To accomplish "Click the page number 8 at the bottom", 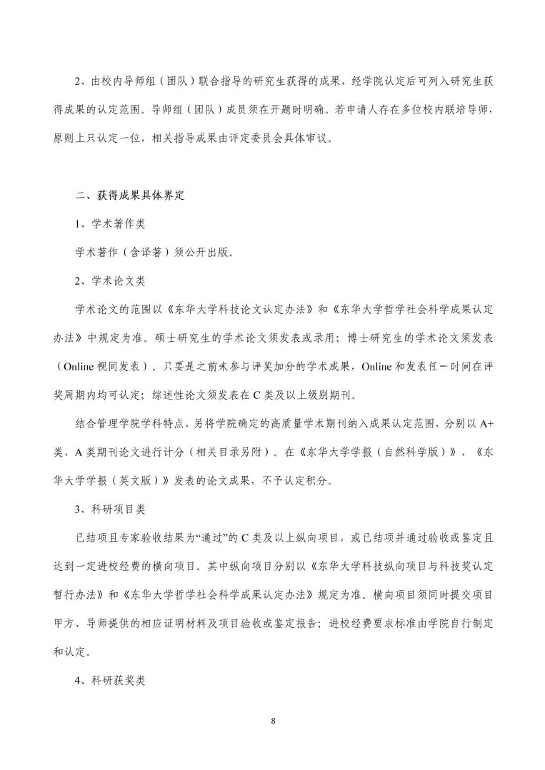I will tap(273, 721).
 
